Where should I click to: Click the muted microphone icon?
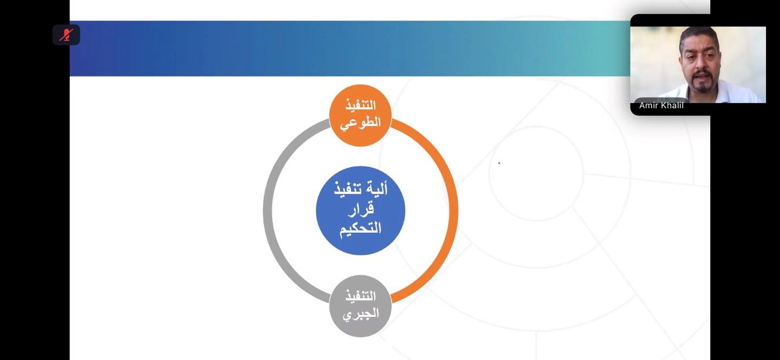[x=66, y=35]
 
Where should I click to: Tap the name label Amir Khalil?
[x=661, y=106]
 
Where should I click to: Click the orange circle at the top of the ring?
[x=360, y=115]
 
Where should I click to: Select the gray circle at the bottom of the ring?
[x=360, y=306]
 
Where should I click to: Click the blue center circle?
[x=360, y=211]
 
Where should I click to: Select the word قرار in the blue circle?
[x=360, y=210]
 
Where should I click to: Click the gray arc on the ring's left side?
[x=267, y=211]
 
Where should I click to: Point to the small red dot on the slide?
[x=499, y=163]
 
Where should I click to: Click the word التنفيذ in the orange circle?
[x=360, y=105]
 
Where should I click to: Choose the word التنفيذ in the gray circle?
[x=360, y=296]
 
